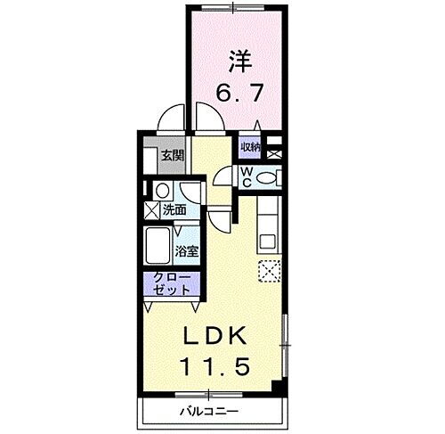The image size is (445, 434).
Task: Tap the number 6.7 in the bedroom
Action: (x=235, y=91)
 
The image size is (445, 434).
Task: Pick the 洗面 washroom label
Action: (x=174, y=211)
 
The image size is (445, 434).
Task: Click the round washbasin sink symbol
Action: (x=162, y=192)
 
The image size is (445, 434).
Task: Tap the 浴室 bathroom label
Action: (x=186, y=252)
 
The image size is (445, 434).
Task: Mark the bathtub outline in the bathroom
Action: (x=160, y=242)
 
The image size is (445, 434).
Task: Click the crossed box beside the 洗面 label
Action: (x=151, y=211)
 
